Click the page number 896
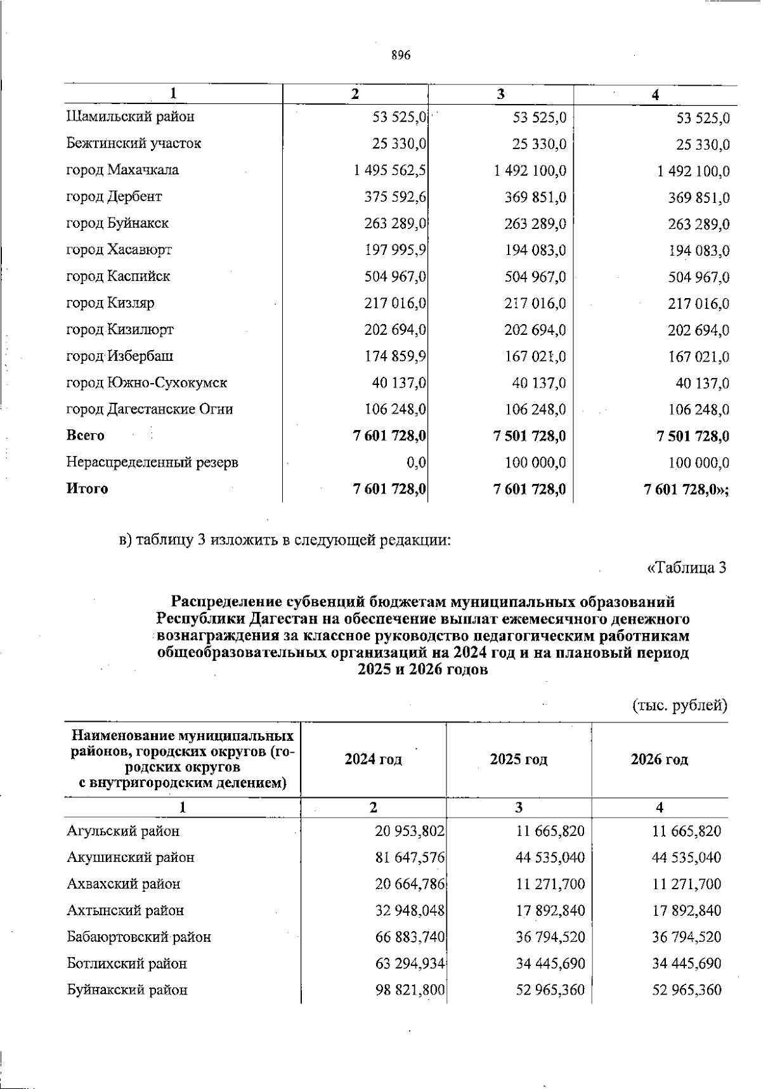(x=401, y=55)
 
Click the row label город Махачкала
(x=122, y=170)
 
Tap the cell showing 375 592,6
(x=394, y=197)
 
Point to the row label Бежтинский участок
(x=133, y=143)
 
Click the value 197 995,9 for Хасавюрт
(x=394, y=250)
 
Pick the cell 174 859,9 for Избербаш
(x=394, y=356)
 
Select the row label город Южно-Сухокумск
(x=146, y=382)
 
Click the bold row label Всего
(x=85, y=436)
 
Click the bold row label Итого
(x=87, y=489)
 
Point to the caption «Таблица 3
(x=686, y=567)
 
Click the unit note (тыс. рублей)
(x=679, y=705)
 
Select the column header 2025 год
(x=518, y=759)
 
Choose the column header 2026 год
(x=659, y=759)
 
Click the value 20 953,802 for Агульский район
(x=409, y=831)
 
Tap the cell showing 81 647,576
(x=409, y=858)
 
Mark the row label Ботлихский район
(x=127, y=963)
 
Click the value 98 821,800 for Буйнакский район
(x=409, y=990)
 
